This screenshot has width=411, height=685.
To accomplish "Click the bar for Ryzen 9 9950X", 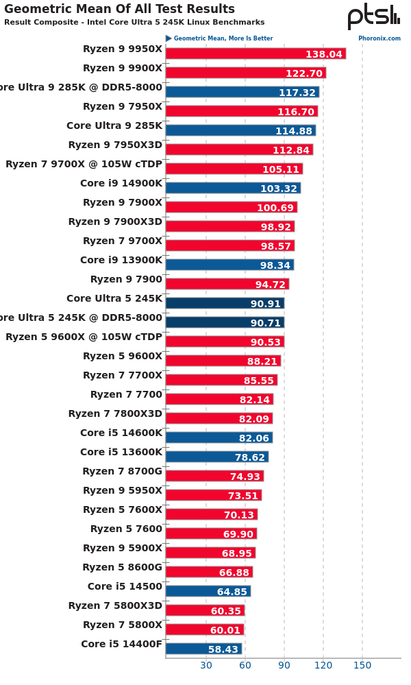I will click(256, 53).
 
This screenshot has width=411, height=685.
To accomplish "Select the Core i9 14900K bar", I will click(233, 188).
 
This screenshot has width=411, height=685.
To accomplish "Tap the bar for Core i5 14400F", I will click(203, 649).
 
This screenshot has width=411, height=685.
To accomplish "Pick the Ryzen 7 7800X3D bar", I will click(219, 418).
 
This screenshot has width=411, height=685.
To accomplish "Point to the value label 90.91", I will click(265, 304).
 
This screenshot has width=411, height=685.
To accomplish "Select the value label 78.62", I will click(249, 457).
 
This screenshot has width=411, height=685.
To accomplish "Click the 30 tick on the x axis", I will click(206, 664).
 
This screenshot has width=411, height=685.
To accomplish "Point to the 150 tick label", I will click(362, 664).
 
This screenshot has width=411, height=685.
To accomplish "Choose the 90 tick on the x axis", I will click(284, 664).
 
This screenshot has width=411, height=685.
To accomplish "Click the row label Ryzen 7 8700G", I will click(123, 471).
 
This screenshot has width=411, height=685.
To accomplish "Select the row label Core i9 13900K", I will click(121, 260).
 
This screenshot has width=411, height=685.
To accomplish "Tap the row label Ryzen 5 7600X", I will click(123, 509).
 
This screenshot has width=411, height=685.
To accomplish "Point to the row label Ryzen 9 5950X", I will click(123, 490).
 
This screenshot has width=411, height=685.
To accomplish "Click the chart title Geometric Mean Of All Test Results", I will click(119, 9).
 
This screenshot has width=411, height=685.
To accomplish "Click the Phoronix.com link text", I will click(379, 38).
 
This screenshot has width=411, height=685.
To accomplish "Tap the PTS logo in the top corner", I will click(373, 16).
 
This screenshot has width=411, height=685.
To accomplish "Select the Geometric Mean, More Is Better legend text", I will click(223, 38).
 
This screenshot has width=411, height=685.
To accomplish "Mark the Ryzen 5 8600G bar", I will click(209, 572).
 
